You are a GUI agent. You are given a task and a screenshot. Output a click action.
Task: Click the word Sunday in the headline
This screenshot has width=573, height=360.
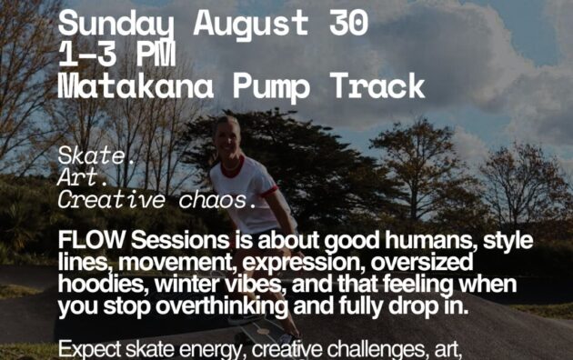(x=116, y=25)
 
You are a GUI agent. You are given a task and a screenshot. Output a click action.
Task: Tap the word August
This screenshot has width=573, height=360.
(x=251, y=25)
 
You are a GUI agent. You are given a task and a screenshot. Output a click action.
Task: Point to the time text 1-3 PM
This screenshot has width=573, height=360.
(x=117, y=55)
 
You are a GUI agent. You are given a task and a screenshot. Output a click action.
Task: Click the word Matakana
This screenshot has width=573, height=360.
(x=136, y=86)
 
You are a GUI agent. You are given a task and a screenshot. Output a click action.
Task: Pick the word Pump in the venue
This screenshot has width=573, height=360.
(x=271, y=87)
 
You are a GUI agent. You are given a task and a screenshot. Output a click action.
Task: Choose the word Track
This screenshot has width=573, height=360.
(x=377, y=86)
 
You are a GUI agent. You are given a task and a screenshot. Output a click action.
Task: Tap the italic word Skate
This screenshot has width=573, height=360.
(x=96, y=155)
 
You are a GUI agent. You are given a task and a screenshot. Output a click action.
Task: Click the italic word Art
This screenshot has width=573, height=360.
(x=83, y=177)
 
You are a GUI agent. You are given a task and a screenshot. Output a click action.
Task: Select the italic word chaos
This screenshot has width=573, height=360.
(x=217, y=200)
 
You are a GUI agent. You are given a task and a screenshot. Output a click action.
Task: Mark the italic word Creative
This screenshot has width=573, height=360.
(x=112, y=200)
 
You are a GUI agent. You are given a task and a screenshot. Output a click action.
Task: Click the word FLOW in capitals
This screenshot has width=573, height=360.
(x=91, y=240)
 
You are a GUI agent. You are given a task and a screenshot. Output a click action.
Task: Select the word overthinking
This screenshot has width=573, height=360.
(x=222, y=306)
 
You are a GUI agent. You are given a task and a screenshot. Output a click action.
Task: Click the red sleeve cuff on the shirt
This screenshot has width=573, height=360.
(x=271, y=191)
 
